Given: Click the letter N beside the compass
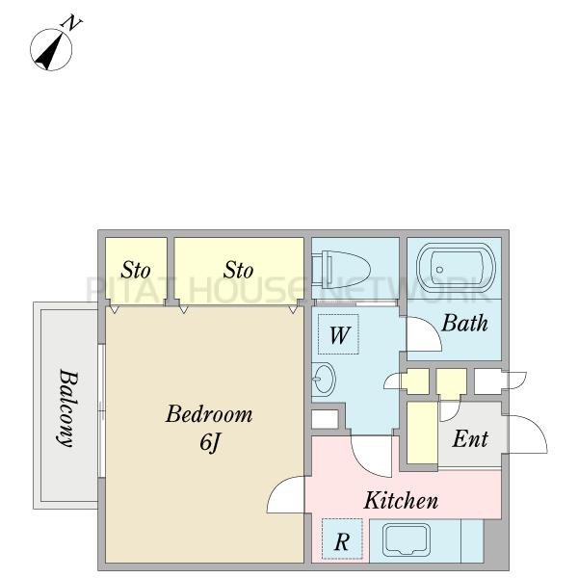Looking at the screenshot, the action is (x=71, y=23).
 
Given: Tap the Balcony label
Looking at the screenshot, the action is (x=68, y=407).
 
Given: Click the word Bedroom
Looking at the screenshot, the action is (x=209, y=414).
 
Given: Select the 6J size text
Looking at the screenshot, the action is (x=210, y=442).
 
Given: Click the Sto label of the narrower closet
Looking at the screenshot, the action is (x=136, y=270).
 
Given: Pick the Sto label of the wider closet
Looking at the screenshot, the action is (x=238, y=270).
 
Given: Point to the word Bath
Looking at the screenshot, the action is (x=464, y=323).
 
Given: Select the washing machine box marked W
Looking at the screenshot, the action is (x=338, y=334).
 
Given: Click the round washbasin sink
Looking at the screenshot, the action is (x=324, y=380).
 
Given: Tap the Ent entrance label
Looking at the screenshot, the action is (x=470, y=439).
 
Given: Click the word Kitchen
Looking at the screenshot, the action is (x=401, y=500).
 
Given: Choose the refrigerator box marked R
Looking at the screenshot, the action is (x=342, y=539).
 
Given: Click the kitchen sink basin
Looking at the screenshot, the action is (x=407, y=540).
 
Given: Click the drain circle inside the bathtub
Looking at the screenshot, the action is (x=439, y=270).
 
